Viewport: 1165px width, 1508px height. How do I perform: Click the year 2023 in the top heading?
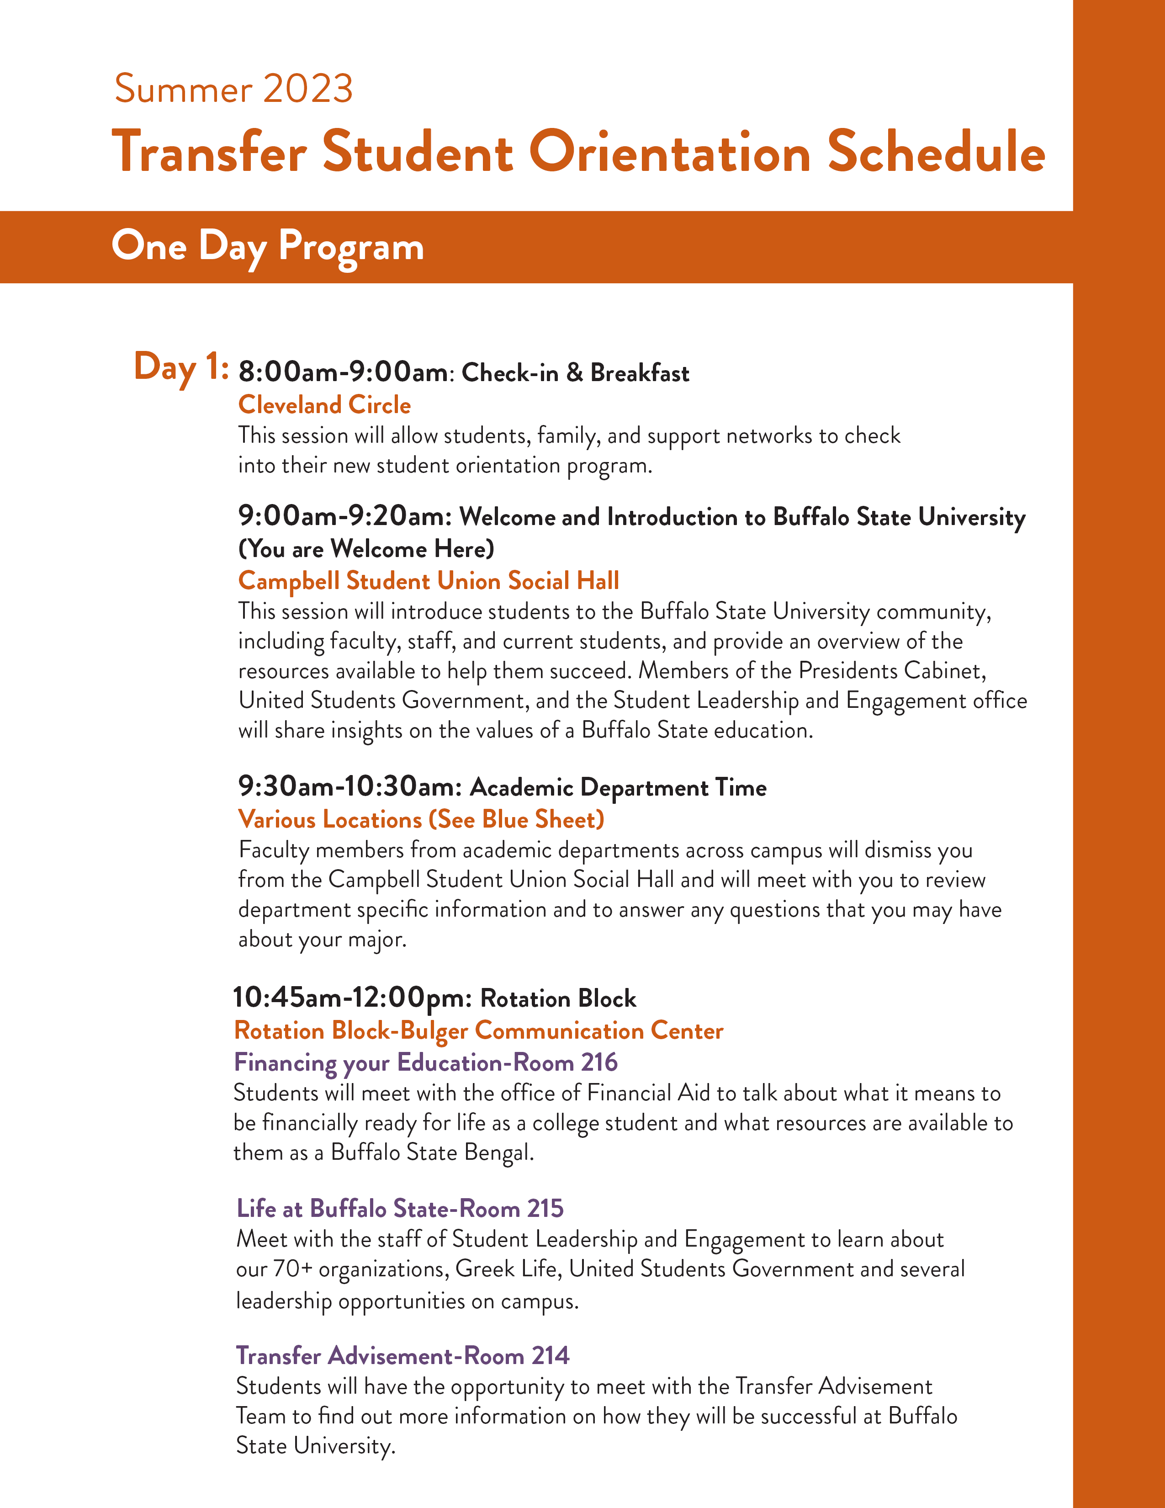[x=308, y=89]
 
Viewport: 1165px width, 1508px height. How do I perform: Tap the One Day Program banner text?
[x=268, y=246]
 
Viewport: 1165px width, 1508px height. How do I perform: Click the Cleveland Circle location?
[x=324, y=404]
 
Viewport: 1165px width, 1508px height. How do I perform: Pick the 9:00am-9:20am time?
[x=345, y=516]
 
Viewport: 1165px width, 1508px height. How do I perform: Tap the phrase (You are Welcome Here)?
[x=366, y=549]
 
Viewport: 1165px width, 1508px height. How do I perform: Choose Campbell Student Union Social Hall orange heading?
[x=428, y=581]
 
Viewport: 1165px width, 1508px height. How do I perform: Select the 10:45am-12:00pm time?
[x=352, y=998]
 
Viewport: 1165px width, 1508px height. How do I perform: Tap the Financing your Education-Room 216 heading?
[x=425, y=1062]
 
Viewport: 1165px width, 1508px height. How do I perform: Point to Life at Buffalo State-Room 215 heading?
[x=400, y=1208]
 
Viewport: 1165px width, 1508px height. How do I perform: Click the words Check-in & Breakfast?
[x=575, y=373]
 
